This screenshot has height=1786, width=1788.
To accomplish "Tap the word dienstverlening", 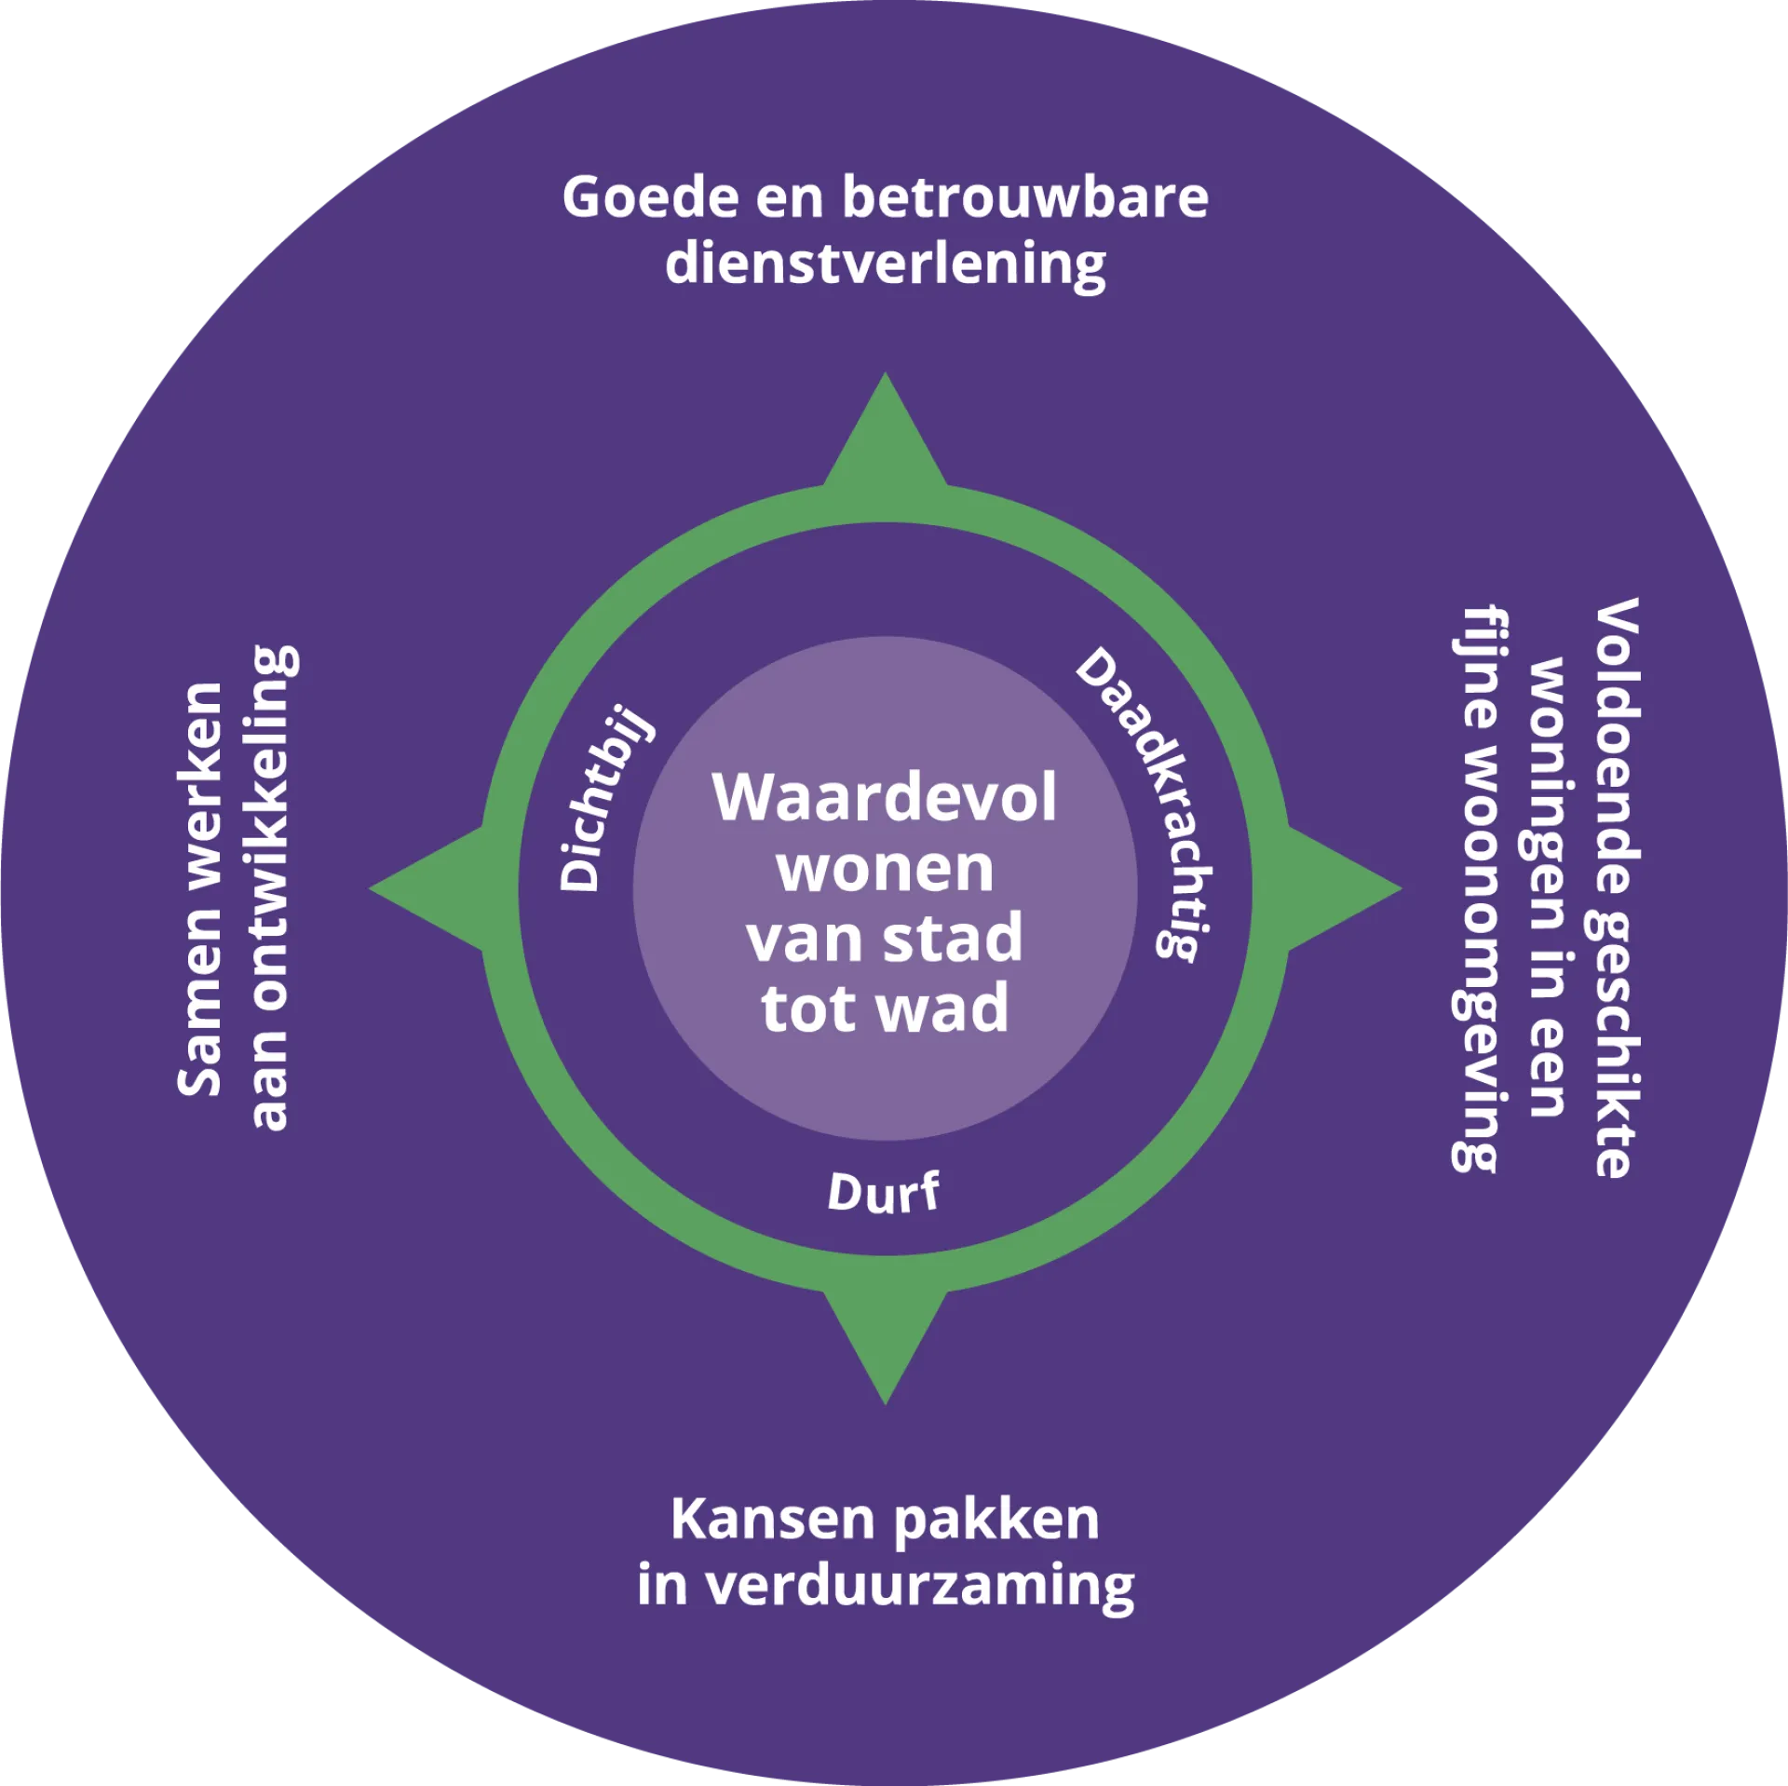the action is click(886, 265).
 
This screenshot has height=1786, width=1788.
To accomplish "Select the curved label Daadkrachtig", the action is click(1150, 801).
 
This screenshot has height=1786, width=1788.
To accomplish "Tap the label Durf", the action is click(884, 1192).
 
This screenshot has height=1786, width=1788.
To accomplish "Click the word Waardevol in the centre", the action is click(886, 797).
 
